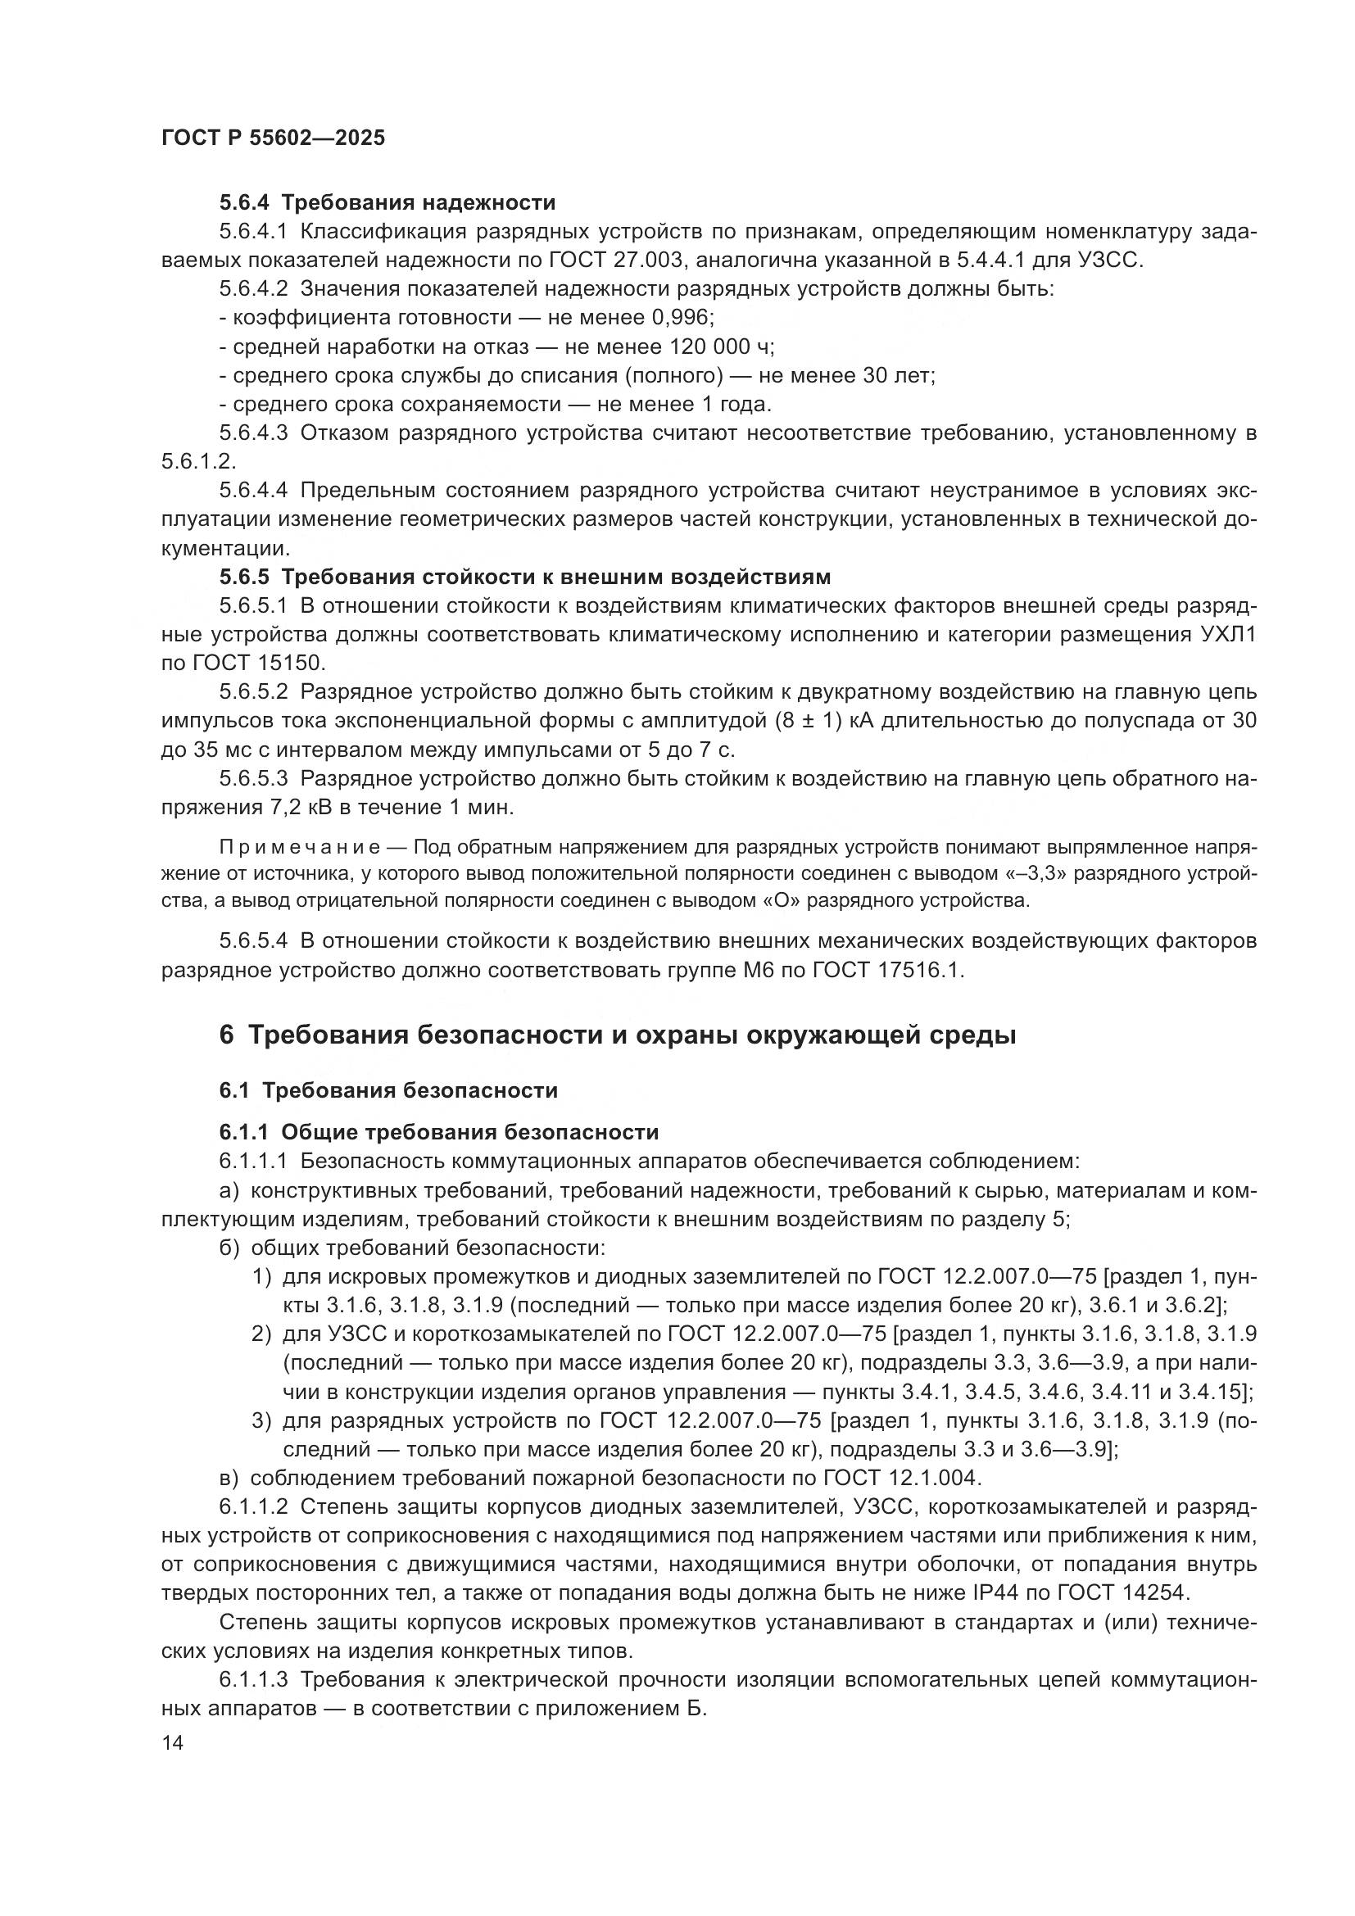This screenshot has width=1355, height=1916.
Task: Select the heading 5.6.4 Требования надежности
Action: (x=387, y=203)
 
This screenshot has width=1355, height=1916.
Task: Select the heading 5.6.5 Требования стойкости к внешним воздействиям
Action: (x=525, y=577)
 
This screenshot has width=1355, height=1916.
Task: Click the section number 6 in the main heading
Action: (x=226, y=1035)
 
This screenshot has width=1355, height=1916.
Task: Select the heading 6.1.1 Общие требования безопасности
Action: (x=439, y=1132)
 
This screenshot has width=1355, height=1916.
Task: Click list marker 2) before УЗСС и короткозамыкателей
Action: (x=262, y=1334)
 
